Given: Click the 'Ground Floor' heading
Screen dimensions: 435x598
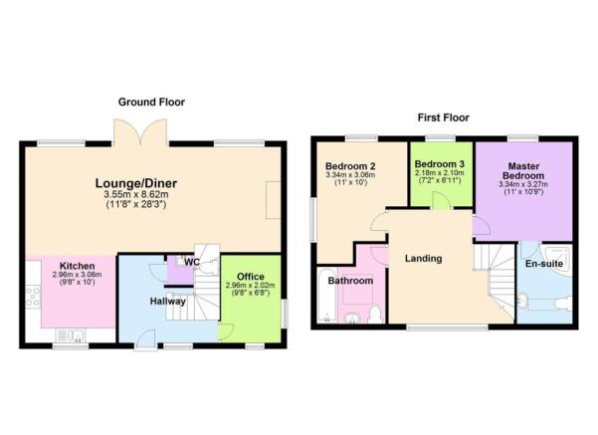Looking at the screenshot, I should coord(151,102).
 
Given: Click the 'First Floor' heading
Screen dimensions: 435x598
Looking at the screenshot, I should coord(443,117).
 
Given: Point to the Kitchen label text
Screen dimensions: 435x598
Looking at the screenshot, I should coord(77,266).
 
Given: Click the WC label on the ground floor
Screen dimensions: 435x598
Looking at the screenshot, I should coord(191,263).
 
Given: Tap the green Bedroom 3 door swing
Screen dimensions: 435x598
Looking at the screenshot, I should coord(440,200).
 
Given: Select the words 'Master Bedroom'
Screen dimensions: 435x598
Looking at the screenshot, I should coord(523,170).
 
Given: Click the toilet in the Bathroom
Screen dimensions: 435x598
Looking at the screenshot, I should coord(374,315).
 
